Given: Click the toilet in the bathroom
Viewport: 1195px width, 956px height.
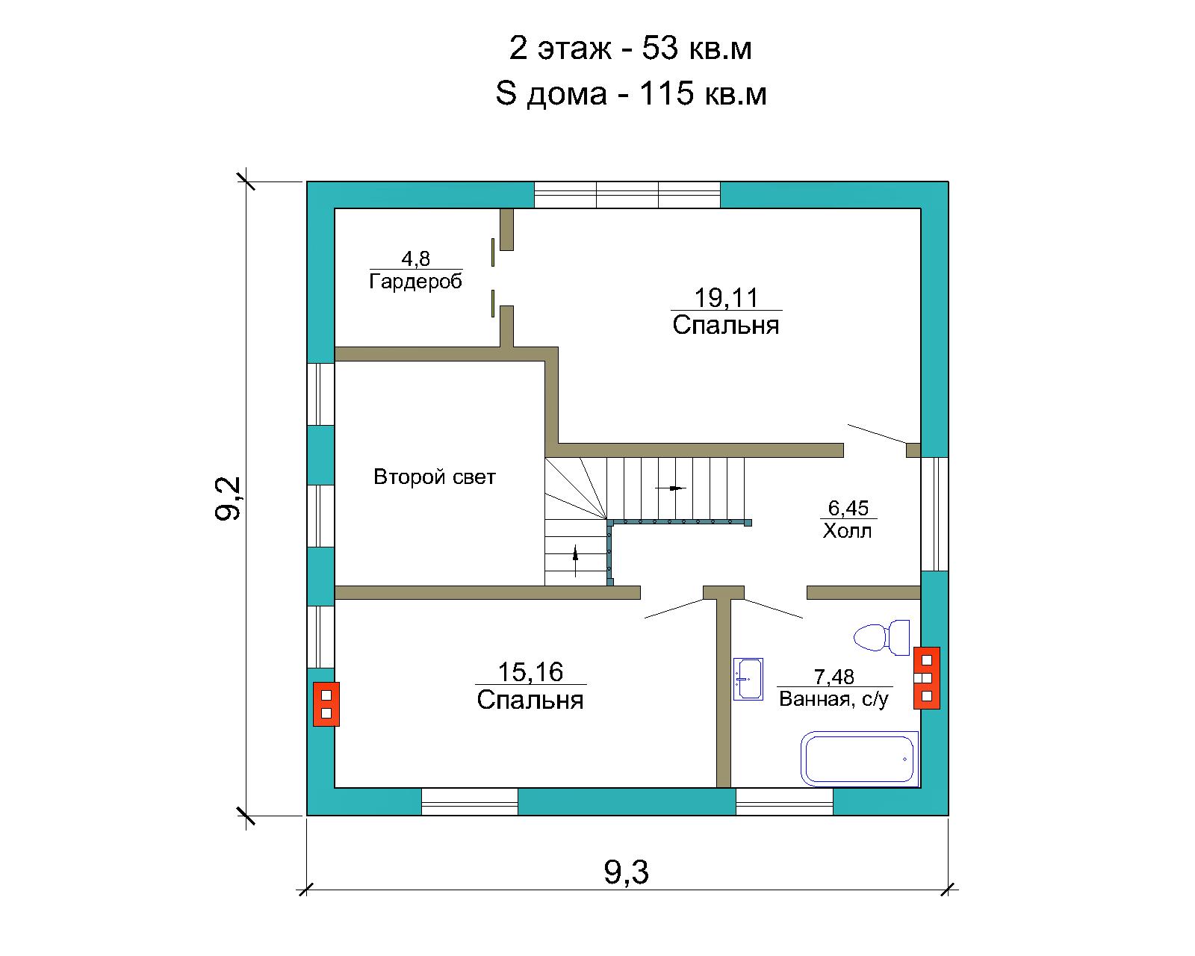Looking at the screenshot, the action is click(882, 637).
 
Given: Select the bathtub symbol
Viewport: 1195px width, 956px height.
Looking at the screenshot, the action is click(860, 759).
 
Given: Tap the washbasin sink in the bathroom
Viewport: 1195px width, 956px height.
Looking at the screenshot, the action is click(748, 679).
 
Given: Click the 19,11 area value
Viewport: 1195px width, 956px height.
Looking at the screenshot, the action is click(726, 298).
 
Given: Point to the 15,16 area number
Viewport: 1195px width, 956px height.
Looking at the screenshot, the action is click(530, 672).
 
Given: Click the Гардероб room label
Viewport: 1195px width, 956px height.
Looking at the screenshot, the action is click(416, 282).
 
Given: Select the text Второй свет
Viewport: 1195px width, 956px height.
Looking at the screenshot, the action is click(434, 477).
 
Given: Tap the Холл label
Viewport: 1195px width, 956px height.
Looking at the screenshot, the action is click(848, 531).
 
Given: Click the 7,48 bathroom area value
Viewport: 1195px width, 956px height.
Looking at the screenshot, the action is click(834, 677).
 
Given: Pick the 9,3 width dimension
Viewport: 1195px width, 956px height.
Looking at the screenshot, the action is click(627, 872).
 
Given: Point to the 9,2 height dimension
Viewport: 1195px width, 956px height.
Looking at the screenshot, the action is click(228, 498).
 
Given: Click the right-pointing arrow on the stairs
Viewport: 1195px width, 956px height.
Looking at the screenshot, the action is click(671, 488).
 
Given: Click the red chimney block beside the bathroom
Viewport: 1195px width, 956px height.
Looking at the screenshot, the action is click(927, 677).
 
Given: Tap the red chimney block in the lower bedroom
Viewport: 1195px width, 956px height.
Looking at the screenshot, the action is click(326, 704).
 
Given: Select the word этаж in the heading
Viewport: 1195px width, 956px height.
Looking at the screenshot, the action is click(575, 49).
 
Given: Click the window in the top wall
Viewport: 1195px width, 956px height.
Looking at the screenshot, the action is click(627, 194).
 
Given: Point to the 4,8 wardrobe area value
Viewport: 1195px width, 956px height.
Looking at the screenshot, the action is click(416, 259).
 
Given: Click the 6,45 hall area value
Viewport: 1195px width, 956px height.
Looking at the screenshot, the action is click(848, 508).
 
